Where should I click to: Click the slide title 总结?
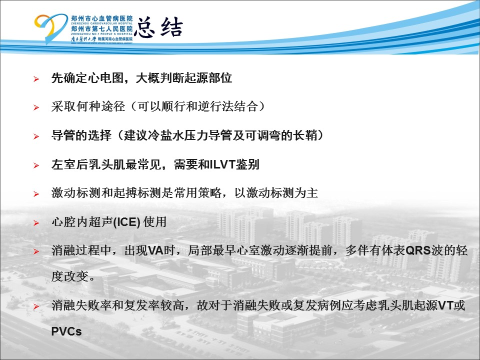158,27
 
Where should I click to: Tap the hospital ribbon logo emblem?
50,28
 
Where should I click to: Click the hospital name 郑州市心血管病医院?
101,18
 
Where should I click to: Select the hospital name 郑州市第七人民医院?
101,29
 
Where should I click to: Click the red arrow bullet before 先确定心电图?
36,79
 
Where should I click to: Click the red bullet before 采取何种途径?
36,107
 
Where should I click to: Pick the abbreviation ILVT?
222,164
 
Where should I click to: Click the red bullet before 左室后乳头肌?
36,165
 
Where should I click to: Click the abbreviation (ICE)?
126,222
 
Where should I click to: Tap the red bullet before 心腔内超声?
36,223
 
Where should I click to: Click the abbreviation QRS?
418,250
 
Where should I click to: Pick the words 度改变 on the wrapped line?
69,276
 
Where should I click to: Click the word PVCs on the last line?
66,331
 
